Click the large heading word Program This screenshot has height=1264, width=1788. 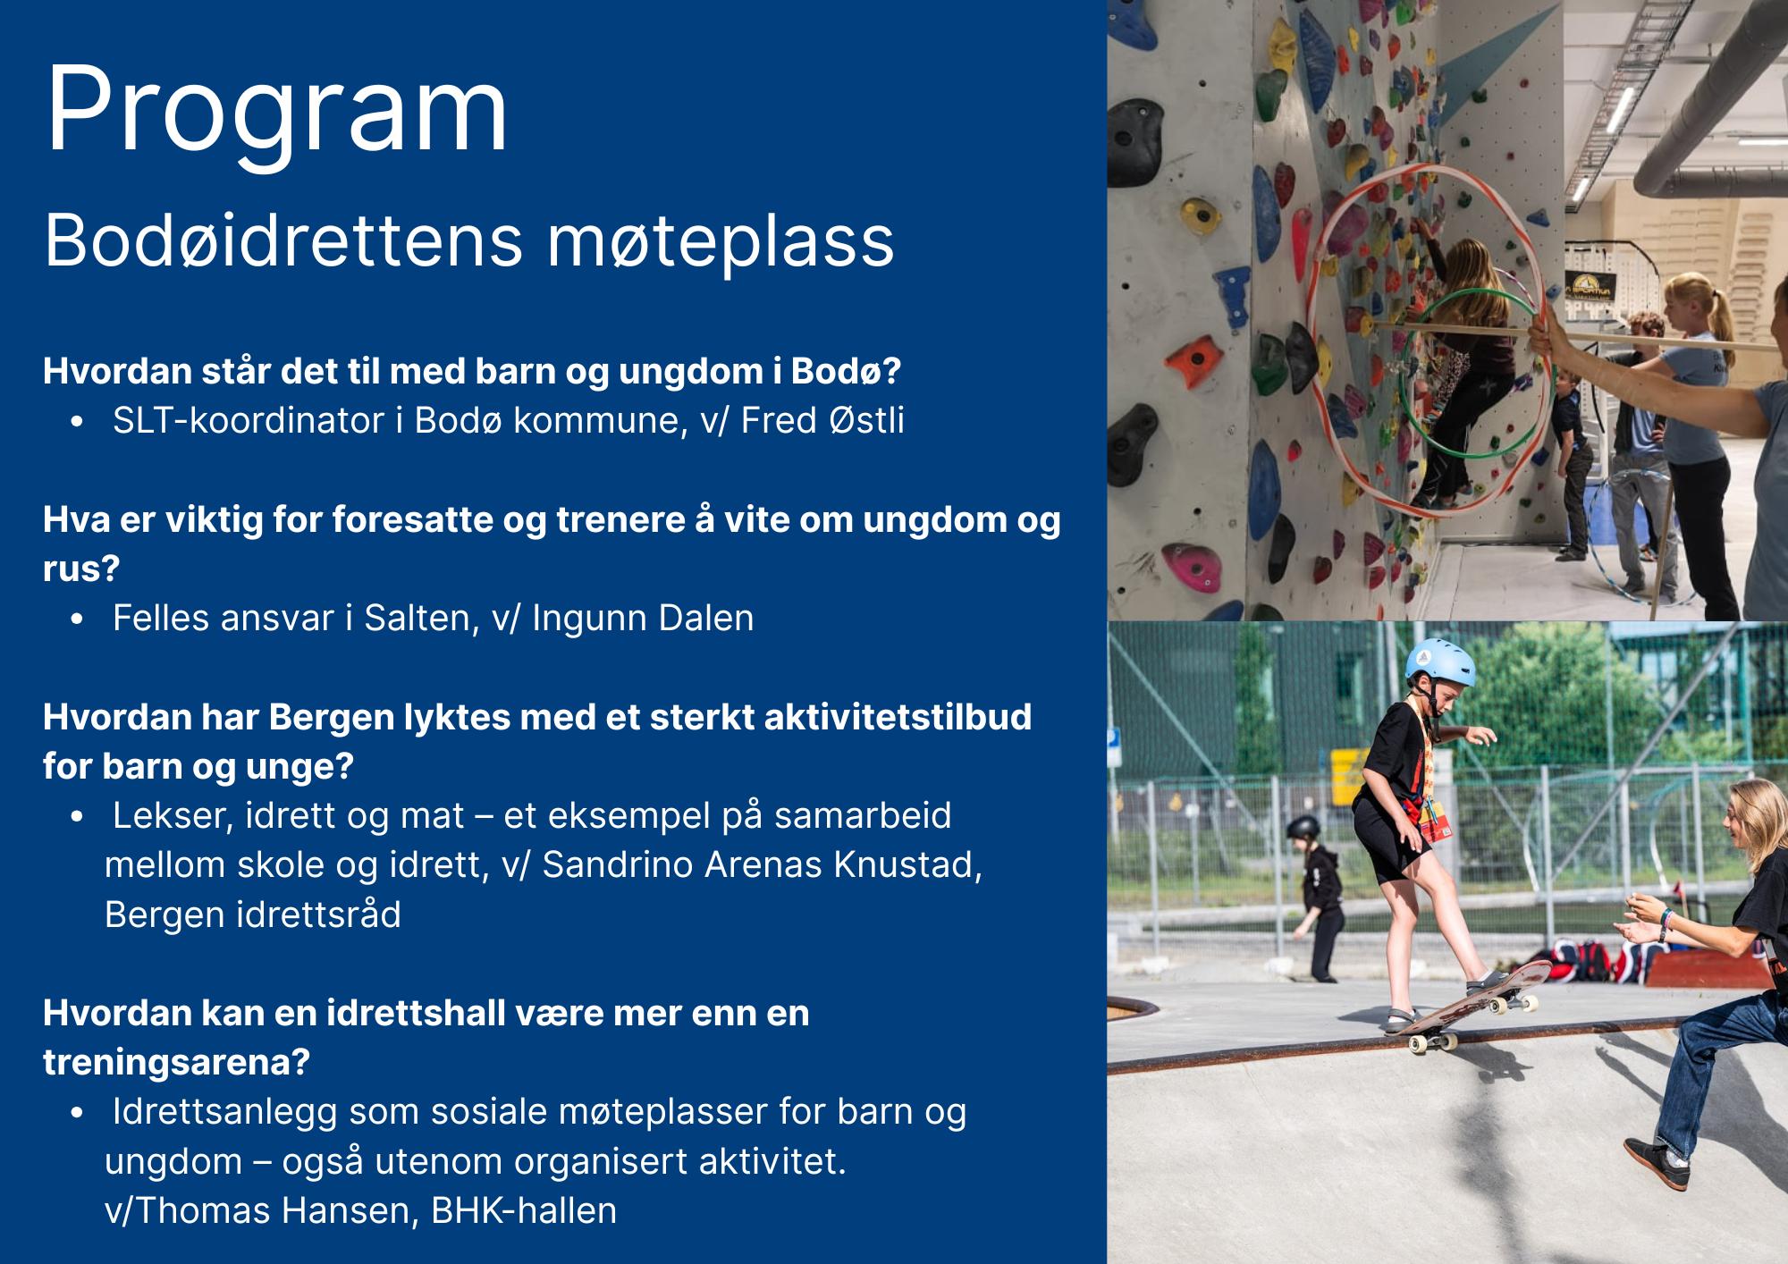pos(277,112)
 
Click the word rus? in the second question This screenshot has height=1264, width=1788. pos(81,569)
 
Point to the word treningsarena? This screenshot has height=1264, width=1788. pos(176,1062)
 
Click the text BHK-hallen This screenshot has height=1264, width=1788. pos(524,1210)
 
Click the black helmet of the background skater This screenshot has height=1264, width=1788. pos(1303,829)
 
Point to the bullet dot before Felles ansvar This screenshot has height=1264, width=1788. pos(81,619)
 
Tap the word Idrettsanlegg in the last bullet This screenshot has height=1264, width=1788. pos(225,1111)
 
